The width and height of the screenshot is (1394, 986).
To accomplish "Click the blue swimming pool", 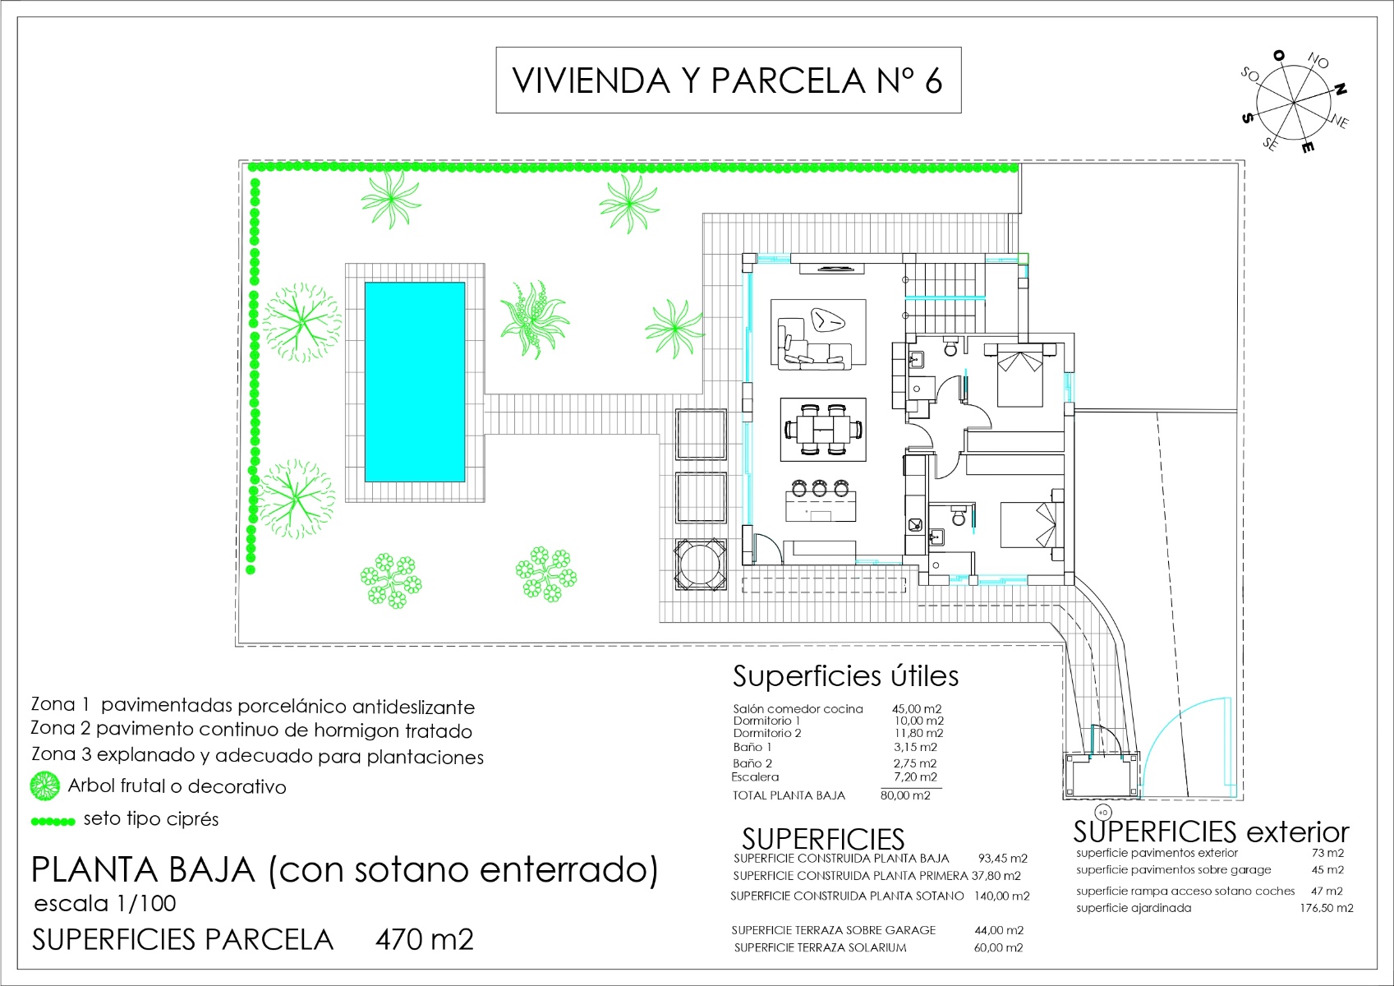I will [x=415, y=382].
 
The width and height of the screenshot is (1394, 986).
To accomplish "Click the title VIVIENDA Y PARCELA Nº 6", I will [x=728, y=81].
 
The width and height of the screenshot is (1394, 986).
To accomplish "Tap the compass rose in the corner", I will [x=1294, y=104].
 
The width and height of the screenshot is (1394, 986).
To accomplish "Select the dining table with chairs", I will [x=823, y=430].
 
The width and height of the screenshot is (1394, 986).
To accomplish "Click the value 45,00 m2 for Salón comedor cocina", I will [x=917, y=708].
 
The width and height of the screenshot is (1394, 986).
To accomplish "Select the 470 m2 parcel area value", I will [x=424, y=939].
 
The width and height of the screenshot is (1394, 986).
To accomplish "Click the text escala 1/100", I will [x=105, y=904].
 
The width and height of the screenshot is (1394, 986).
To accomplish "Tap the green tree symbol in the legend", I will [x=44, y=786].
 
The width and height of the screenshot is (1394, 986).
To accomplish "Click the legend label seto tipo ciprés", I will [x=151, y=819].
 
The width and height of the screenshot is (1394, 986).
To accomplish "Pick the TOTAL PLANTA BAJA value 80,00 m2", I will [x=905, y=795].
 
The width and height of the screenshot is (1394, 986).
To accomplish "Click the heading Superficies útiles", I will [x=845, y=676].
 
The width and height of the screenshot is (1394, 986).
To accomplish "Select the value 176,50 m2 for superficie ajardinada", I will [x=1326, y=908].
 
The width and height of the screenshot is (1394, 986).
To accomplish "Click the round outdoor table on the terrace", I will [x=701, y=564].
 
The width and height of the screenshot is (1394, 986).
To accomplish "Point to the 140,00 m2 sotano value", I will [x=1001, y=896].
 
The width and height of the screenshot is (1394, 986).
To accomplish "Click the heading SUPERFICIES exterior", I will [x=1211, y=832].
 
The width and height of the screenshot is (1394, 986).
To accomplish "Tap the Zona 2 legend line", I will [x=251, y=730].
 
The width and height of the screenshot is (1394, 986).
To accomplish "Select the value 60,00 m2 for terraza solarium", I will [x=998, y=947].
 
